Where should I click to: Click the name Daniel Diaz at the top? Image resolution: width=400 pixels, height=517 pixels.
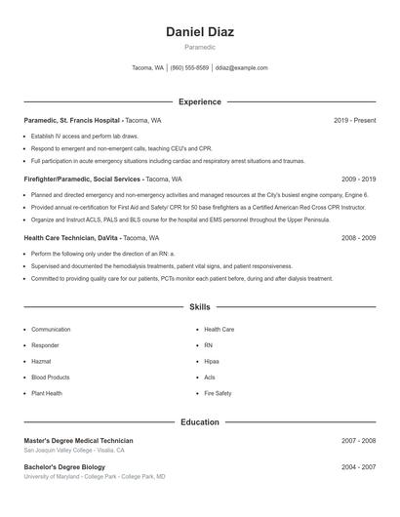point(200,31)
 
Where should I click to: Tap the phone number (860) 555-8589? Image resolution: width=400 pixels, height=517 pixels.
point(189,68)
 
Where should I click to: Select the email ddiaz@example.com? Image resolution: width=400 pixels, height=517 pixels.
point(241,68)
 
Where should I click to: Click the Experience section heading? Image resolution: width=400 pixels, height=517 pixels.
point(200,101)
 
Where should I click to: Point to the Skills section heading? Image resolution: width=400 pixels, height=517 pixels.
point(200,307)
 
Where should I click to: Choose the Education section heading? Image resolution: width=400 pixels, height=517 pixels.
point(200,422)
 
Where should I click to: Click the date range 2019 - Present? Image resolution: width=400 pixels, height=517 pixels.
point(354,120)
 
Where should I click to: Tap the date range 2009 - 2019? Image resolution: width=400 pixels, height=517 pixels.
point(358,179)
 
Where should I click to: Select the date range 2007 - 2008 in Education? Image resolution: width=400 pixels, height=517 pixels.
point(358,441)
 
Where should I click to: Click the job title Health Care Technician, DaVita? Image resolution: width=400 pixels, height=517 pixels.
point(72,238)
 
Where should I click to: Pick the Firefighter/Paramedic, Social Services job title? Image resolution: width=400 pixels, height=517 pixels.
point(83,179)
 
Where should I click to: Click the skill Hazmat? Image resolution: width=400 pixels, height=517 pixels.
point(42,361)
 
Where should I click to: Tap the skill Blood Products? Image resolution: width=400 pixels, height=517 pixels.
point(51,377)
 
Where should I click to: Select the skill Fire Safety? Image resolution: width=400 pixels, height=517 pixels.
point(218,393)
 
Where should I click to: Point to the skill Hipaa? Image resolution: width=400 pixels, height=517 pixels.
point(212,361)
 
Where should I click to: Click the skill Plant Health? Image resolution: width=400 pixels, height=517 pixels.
point(47,393)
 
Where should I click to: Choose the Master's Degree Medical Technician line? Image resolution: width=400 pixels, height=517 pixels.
point(78,441)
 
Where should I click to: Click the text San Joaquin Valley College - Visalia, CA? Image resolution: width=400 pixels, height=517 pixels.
point(74,451)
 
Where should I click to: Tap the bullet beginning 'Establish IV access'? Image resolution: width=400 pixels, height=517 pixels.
point(84,137)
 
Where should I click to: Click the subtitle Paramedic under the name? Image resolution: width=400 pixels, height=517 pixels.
point(200,47)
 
